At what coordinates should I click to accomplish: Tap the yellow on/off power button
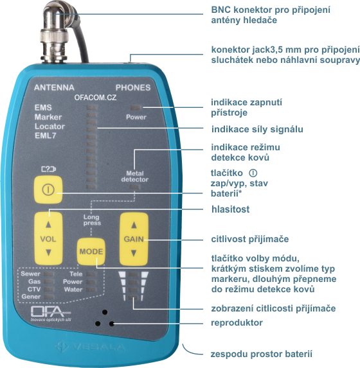click(x=48, y=189)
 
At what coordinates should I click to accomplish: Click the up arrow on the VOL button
click(x=48, y=225)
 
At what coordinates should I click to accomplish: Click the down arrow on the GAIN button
click(x=134, y=253)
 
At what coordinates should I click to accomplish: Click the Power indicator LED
click(x=136, y=108)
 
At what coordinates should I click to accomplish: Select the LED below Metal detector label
click(x=134, y=187)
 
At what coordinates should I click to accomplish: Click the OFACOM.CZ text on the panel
click(x=95, y=98)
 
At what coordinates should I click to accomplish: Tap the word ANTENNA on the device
click(x=54, y=87)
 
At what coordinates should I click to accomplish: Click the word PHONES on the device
click(x=133, y=87)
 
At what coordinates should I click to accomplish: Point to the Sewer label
click(x=31, y=274)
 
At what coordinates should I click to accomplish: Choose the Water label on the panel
click(x=73, y=290)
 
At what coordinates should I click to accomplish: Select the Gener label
click(x=31, y=297)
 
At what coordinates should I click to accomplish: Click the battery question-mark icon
click(x=49, y=169)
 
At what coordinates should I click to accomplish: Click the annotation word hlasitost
click(x=231, y=209)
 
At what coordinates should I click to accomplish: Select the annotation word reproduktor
click(x=237, y=322)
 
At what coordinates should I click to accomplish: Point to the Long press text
click(x=92, y=220)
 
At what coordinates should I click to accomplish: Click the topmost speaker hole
click(x=105, y=312)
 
